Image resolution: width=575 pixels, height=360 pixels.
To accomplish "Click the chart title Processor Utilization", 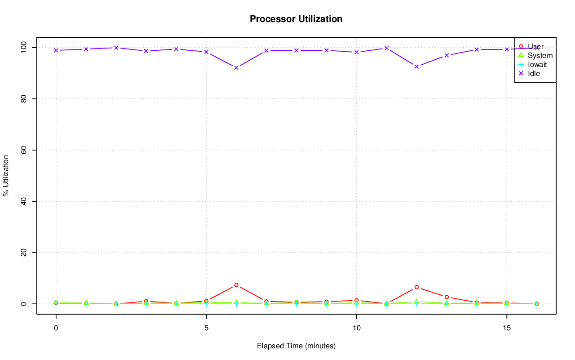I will [296, 19].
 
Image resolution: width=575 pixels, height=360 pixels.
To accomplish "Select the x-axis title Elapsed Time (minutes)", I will [296, 346].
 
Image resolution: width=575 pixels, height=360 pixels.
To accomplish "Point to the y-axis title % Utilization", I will [6, 175].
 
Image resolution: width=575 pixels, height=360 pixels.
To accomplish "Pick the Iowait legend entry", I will [537, 64].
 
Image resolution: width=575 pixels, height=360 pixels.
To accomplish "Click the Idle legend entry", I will [534, 73].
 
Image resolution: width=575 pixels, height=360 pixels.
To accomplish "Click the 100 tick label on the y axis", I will [25, 47].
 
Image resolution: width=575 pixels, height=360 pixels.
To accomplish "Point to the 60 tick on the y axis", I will [25, 150].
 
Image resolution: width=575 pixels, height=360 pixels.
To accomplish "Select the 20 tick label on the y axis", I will [25, 253].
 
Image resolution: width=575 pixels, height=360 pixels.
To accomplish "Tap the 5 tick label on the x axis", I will [206, 328].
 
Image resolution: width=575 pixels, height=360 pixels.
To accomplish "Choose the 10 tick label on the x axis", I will [356, 328].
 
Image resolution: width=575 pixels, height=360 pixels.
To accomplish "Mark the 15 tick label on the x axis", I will [507, 328].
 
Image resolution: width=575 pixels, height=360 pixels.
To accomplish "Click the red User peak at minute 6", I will [236, 285].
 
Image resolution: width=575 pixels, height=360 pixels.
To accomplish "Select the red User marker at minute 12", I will [416, 287].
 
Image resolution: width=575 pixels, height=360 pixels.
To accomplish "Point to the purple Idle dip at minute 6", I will [236, 67].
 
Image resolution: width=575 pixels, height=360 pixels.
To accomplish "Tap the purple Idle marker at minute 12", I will [416, 67].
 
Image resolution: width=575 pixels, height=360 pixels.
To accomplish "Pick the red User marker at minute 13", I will [447, 297].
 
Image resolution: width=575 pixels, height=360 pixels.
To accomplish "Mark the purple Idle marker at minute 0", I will [56, 50].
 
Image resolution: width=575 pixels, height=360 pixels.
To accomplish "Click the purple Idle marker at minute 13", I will [447, 55].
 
